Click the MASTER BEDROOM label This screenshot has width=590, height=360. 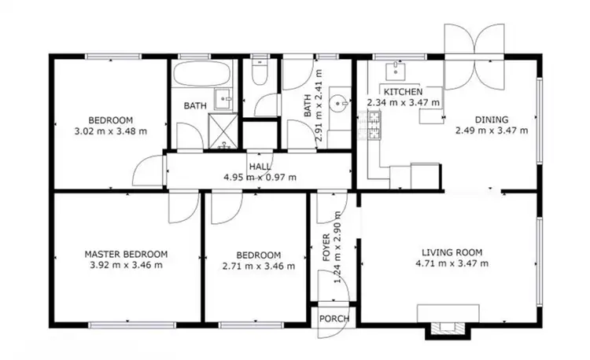126,254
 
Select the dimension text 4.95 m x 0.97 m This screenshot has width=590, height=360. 260,177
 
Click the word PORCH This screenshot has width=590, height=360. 334,318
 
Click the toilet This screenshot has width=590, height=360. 259,74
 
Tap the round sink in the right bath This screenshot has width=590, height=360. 340,102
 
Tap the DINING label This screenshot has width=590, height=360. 492,120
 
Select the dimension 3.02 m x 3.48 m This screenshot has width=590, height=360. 110,131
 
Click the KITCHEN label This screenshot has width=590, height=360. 404,91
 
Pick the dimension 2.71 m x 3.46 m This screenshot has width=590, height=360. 259,266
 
